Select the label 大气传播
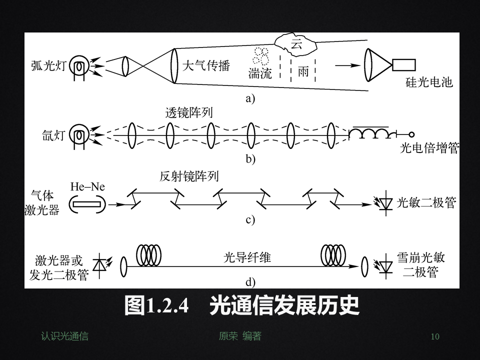pos(205,65)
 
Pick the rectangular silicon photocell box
pos(404,65)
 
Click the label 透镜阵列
pos(189,113)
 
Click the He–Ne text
pos(88,187)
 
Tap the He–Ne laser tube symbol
pos(87,203)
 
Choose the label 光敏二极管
pos(426,202)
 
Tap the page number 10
pos(435,336)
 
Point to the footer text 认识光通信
pos(64,336)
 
